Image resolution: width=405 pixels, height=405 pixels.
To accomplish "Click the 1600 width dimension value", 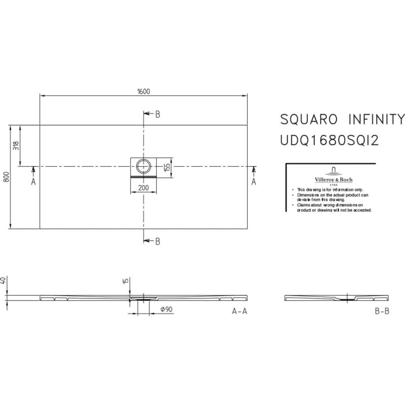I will pos(143,91).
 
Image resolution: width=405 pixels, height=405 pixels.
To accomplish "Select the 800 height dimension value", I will pos(6,176).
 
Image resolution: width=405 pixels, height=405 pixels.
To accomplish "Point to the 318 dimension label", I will pos(17,146).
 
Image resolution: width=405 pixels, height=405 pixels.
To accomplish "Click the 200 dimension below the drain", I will pos(143,189).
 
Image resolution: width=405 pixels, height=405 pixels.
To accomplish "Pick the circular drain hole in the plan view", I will pos(143,166).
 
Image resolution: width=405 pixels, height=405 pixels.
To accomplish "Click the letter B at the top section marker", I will pos(157,114).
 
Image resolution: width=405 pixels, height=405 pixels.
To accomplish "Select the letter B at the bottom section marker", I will pos(157,241).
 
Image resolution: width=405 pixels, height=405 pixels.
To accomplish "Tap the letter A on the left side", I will pos(33,182).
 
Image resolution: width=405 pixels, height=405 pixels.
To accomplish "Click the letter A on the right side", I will pos(253,182).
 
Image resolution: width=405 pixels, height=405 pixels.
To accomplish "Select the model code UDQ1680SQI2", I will pos(329,140).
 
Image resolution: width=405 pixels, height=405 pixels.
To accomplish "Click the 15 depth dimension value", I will pos(125,281).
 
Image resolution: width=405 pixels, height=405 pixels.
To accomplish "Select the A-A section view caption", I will pos(240,311).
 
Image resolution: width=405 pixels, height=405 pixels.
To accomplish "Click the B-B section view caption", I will pos(382,311).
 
